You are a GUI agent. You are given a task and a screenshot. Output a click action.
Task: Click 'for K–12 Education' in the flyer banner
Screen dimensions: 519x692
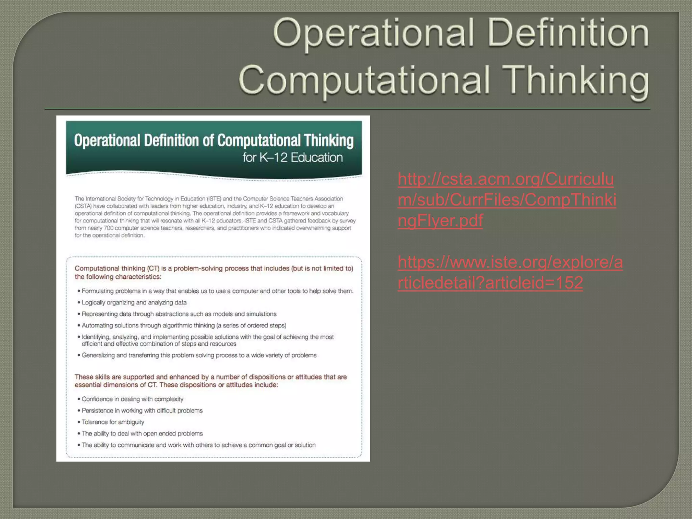click(293, 157)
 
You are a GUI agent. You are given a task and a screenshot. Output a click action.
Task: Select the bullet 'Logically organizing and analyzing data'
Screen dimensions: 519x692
click(134, 302)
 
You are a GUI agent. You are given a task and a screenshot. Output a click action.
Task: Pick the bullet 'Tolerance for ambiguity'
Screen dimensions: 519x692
click(113, 422)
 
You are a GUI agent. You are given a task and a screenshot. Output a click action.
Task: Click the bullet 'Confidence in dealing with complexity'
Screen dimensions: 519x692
click(132, 399)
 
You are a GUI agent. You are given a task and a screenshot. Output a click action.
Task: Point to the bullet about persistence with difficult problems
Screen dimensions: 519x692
click(142, 411)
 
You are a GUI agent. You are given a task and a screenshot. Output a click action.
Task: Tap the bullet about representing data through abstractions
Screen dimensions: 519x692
click(179, 314)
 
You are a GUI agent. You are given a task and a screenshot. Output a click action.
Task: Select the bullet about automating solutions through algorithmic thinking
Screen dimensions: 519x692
click(184, 325)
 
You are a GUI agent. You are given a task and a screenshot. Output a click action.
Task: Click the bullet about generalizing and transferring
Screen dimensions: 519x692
click(199, 355)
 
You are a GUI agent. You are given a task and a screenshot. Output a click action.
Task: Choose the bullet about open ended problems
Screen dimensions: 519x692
click(142, 434)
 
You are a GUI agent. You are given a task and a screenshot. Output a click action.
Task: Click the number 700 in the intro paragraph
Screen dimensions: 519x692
click(109, 228)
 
